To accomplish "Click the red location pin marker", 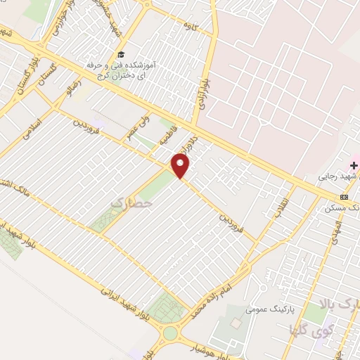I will (x=181, y=167).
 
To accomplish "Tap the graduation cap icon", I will (x=121, y=54).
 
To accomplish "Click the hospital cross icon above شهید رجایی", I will (x=354, y=165).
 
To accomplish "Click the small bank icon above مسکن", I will (x=344, y=197).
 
